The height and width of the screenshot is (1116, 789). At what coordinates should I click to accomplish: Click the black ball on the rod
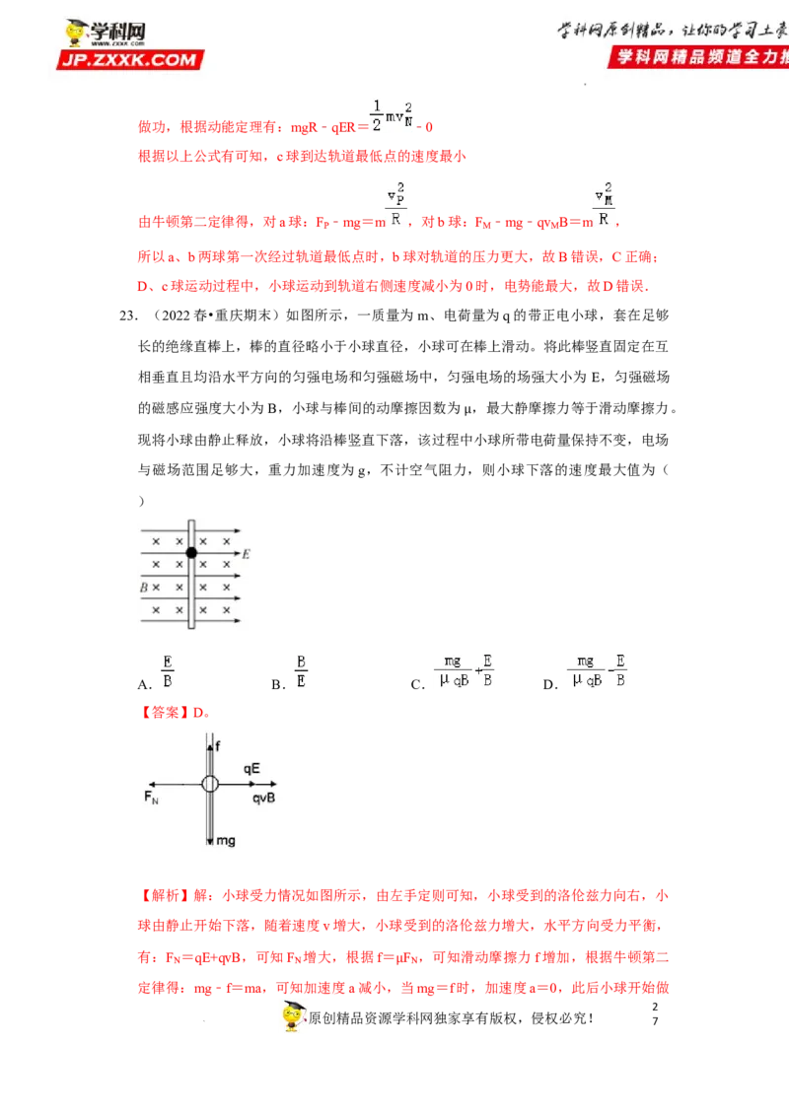[191, 553]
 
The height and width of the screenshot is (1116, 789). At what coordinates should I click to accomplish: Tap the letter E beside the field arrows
[246, 555]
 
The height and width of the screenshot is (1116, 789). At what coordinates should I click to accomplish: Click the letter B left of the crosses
[143, 588]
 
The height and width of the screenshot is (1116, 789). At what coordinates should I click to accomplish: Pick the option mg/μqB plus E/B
[462, 670]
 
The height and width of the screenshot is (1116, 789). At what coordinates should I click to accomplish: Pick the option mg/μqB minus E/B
[596, 670]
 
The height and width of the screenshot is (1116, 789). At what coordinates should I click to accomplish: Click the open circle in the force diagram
[210, 784]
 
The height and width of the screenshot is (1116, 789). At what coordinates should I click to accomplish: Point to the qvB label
[263, 797]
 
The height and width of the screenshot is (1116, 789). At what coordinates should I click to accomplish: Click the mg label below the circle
[226, 841]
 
